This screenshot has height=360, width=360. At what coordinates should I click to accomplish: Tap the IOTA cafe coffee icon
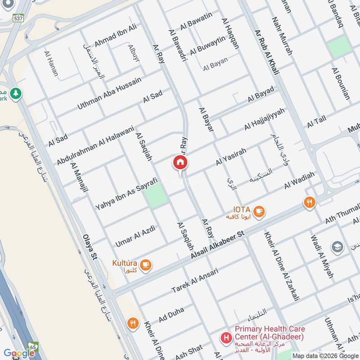pos(259,211)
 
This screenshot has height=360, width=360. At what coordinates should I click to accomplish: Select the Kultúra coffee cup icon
pos(145,265)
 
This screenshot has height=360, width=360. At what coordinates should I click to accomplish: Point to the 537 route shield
pos(18,18)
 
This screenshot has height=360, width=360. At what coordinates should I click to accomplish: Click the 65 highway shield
pos(33,347)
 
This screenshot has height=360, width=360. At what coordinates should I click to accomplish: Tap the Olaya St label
pos(90,247)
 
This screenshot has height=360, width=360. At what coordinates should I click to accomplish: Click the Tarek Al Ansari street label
pos(194,281)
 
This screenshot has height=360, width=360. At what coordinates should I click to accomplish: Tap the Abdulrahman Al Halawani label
pos(95,145)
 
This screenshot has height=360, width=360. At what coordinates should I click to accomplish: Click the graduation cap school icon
pos(337,247)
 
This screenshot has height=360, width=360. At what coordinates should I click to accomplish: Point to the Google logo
pos(19,353)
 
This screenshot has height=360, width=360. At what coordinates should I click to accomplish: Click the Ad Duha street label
pos(171,315)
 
